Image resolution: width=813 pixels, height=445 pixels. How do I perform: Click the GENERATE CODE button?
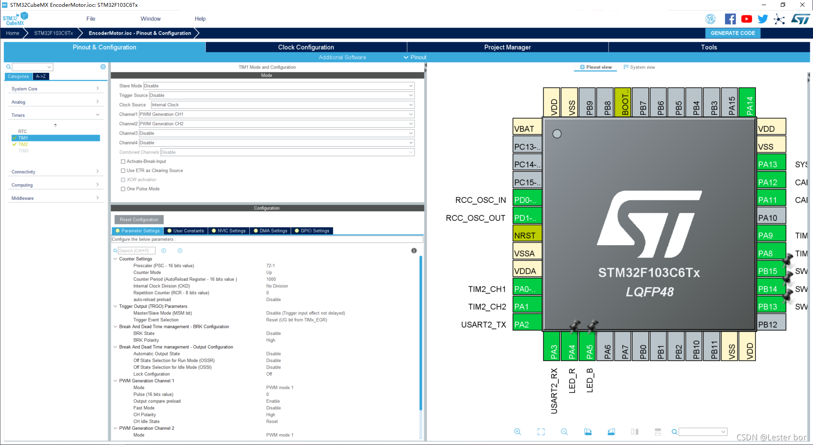(733, 33)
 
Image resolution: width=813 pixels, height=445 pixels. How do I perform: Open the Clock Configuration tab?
(306, 47)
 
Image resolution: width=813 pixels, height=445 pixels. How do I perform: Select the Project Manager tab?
(507, 47)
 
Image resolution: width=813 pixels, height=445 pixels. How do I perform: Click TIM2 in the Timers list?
(23, 144)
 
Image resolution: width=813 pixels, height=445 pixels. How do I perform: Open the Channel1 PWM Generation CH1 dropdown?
(277, 114)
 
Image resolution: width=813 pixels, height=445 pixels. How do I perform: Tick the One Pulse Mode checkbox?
(123, 189)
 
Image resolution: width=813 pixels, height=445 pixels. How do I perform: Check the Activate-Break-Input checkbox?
(123, 161)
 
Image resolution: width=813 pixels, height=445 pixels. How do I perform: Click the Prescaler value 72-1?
(271, 266)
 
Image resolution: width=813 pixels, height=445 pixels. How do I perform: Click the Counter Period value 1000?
(271, 279)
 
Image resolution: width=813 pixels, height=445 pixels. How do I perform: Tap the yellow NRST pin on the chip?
(527, 235)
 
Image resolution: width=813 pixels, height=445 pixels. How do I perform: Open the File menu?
(91, 19)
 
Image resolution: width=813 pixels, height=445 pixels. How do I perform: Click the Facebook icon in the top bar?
(730, 19)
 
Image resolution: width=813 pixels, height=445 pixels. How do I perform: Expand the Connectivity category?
(55, 172)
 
